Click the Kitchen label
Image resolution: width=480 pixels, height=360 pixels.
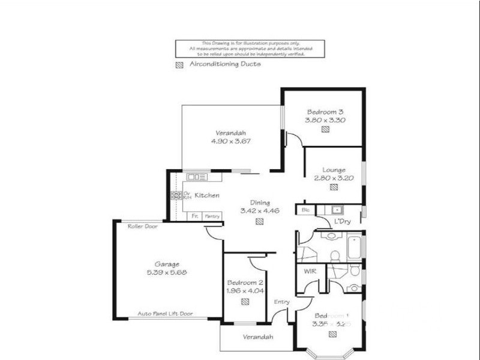tap(207, 196)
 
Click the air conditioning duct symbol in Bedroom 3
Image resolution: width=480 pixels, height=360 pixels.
tap(325, 129)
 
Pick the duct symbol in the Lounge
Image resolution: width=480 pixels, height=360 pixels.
tap(333, 187)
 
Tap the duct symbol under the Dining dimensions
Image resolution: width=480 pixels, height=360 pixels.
tap(259, 221)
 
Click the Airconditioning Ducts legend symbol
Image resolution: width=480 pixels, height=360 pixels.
tap(179, 65)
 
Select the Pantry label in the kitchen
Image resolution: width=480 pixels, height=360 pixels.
tap(212, 216)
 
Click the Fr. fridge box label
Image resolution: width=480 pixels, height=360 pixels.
tap(194, 216)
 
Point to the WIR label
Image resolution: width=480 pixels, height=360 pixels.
tap(310, 271)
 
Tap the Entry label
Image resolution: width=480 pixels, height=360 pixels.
tap(281, 302)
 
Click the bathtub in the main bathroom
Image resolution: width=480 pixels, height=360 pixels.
tap(354, 247)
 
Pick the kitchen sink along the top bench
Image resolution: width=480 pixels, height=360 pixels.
tap(197, 177)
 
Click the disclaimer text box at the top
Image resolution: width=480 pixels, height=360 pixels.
tap(249, 49)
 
